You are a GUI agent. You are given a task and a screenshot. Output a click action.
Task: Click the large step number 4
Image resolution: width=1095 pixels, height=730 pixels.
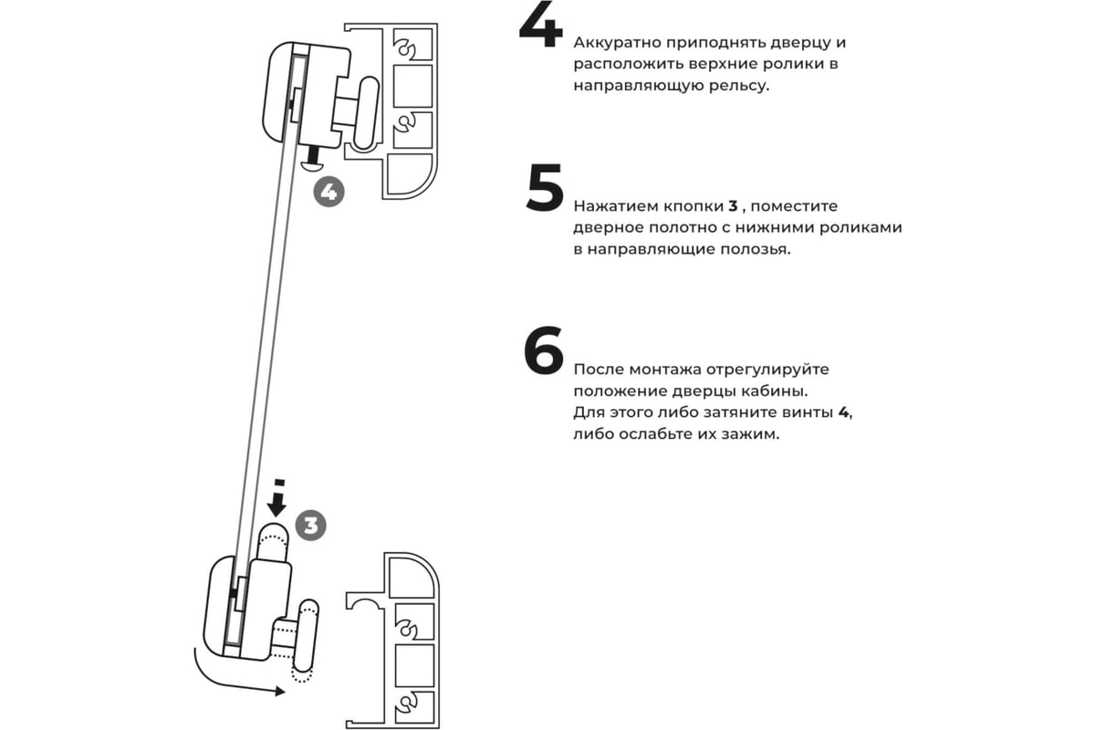pyautogui.click(x=540, y=25)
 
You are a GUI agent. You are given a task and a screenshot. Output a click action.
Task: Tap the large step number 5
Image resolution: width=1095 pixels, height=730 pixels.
pyautogui.click(x=545, y=189)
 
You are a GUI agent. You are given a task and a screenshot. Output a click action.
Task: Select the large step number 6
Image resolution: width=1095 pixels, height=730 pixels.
pyautogui.click(x=544, y=350)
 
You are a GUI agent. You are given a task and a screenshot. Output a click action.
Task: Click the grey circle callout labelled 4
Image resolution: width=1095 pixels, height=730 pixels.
pyautogui.click(x=328, y=193)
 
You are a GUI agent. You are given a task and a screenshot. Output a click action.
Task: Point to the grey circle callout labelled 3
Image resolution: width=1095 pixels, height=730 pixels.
pyautogui.click(x=311, y=526)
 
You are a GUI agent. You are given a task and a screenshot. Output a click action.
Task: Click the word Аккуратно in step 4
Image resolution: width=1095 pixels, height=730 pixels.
pyautogui.click(x=618, y=43)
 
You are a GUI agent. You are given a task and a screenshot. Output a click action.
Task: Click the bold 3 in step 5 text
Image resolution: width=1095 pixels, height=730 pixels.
pyautogui.click(x=732, y=206)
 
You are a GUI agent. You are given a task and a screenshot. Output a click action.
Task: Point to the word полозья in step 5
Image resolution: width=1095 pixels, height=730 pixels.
pyautogui.click(x=757, y=249)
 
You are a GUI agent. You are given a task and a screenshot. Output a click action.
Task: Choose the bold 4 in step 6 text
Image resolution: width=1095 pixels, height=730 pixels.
pyautogui.click(x=844, y=413)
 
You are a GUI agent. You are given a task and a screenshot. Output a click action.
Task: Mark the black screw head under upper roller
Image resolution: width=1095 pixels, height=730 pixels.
pyautogui.click(x=311, y=165)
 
